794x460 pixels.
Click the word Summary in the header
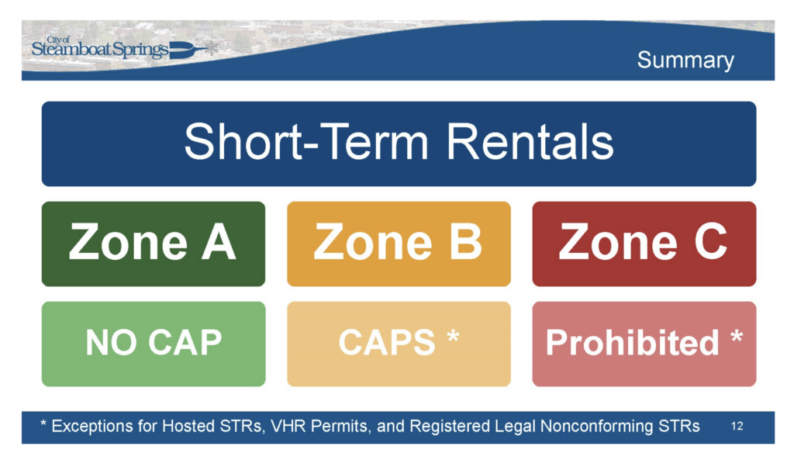tap(685, 61)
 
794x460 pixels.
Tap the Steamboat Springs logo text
tap(100, 49)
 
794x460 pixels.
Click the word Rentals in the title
tap(530, 142)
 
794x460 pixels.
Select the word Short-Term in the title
tap(306, 142)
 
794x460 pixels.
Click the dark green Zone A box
tap(154, 244)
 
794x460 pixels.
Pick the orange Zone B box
tap(399, 244)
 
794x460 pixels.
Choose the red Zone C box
tap(644, 244)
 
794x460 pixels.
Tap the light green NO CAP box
tap(154, 344)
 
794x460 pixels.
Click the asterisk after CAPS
tap(453, 337)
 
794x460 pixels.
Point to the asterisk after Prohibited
tap(737, 337)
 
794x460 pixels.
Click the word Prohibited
tap(632, 343)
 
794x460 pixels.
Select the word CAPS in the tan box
tap(387, 343)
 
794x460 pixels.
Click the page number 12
tap(737, 427)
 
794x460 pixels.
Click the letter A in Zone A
tap(219, 242)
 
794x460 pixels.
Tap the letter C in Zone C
tap(711, 242)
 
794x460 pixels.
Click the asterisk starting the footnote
tap(43, 424)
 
